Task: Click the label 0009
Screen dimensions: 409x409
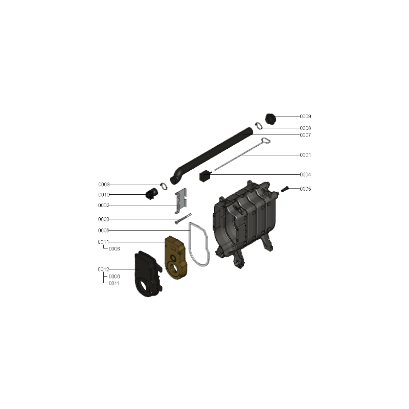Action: (x=305, y=117)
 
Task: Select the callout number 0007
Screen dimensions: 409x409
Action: (x=305, y=135)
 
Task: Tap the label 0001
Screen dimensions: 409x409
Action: (x=305, y=155)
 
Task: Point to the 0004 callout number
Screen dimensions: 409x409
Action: (x=305, y=174)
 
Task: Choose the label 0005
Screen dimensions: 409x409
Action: (x=305, y=189)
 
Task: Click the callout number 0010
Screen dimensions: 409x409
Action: (x=104, y=195)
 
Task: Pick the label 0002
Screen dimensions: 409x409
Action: (x=104, y=206)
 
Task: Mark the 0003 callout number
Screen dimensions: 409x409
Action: (x=104, y=219)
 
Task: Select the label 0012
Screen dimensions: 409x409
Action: (x=104, y=269)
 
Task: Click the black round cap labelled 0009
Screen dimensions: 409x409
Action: (x=271, y=119)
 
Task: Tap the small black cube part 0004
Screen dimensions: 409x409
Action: (x=205, y=176)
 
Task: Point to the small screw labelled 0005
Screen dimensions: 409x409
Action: (x=285, y=189)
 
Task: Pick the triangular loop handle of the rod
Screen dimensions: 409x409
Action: (x=266, y=141)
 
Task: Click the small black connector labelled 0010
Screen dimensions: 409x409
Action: (x=151, y=194)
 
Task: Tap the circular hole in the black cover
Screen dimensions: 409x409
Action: (x=143, y=285)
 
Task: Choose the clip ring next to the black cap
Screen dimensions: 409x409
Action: (x=259, y=126)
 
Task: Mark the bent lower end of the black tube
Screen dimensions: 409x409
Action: (x=175, y=177)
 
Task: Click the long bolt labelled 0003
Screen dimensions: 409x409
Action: (x=183, y=219)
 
